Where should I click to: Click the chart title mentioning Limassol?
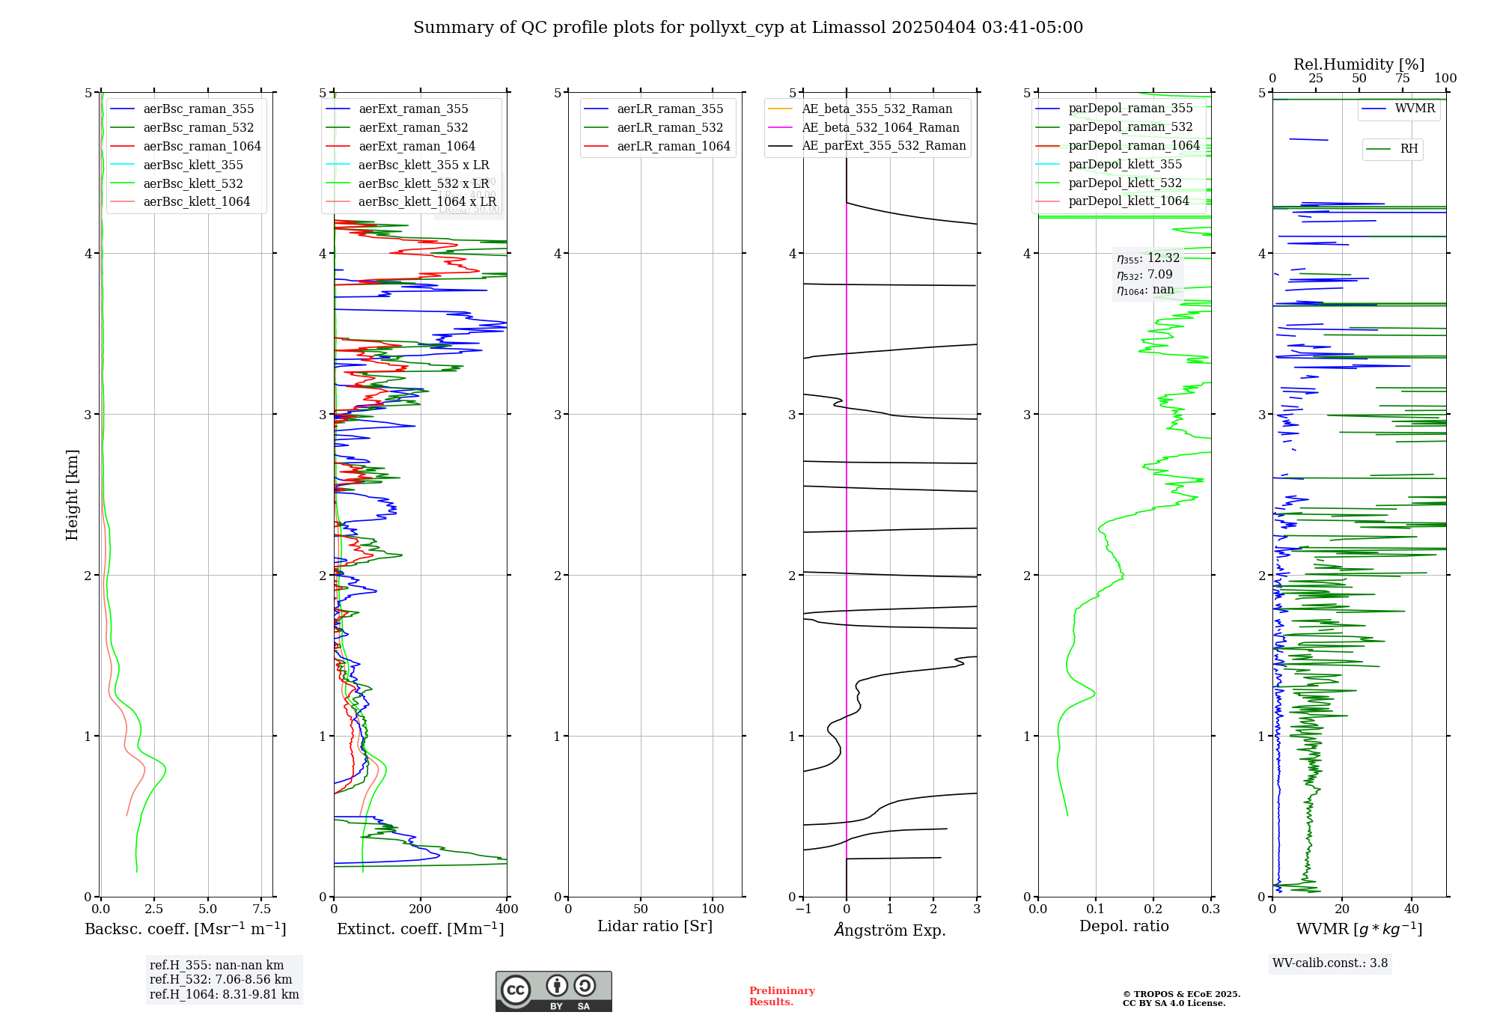pos(748,28)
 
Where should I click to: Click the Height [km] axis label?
pos(72,495)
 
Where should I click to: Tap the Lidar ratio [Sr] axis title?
pos(655,927)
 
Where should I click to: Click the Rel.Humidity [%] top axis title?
pos(1359,64)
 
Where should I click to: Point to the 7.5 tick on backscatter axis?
pos(261,909)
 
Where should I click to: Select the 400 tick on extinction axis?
pos(507,909)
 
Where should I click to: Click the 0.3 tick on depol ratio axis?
pos(1210,909)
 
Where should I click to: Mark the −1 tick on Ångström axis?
pos(803,909)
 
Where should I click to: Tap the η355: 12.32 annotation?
pos(1147,258)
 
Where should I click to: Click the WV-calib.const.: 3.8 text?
pos(1329,963)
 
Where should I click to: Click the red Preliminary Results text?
pos(781,996)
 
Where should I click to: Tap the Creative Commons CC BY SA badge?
pos(553,992)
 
